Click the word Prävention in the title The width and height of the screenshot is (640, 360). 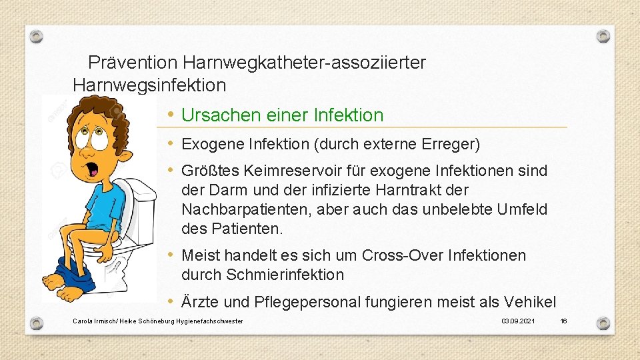pyautogui.click(x=133, y=63)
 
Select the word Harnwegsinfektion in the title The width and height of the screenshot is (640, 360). pyautogui.click(x=149, y=85)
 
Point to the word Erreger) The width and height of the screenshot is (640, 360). pyautogui.click(x=452, y=144)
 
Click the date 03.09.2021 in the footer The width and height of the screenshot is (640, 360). pyautogui.click(x=518, y=321)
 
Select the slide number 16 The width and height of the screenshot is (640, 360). pyautogui.click(x=563, y=321)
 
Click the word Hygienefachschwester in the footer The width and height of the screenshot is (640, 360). pyautogui.click(x=210, y=321)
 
